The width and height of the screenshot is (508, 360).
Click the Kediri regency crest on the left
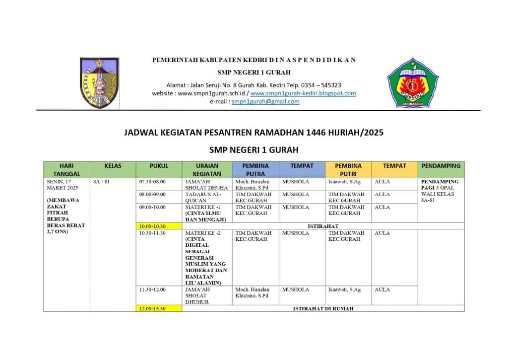tap(99, 83)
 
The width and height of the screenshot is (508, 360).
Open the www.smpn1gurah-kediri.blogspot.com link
tap(303, 93)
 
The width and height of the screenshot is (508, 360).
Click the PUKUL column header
tap(159, 166)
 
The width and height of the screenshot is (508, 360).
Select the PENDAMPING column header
tap(441, 166)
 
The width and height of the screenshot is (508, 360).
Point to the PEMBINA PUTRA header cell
tap(255, 170)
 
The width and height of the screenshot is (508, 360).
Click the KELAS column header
tap(113, 166)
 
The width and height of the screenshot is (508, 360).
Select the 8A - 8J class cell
tap(102, 182)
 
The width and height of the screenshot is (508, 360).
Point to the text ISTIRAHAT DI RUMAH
tap(323, 308)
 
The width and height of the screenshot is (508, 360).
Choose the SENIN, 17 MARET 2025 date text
tap(60, 185)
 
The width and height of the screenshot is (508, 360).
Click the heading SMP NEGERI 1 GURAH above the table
tap(254, 149)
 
